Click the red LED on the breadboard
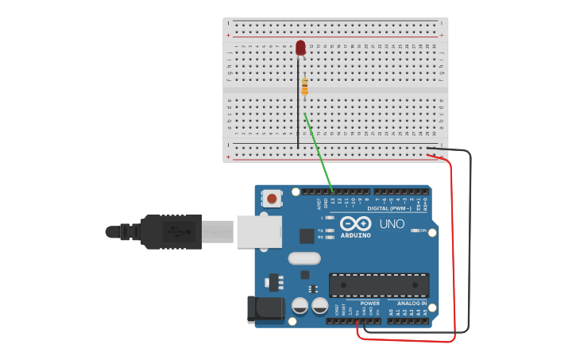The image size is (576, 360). pos(300,48)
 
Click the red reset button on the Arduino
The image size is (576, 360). pos(272,199)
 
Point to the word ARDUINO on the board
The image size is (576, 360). pos(355,235)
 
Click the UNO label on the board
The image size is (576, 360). pos(392,224)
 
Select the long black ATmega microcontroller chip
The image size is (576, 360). pos(379,285)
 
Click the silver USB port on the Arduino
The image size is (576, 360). pos(259,231)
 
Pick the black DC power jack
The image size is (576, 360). pos(265,309)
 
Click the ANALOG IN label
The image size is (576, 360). pos(412,303)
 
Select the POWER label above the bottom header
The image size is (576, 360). pos(369,303)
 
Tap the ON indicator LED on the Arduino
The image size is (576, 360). pos(415,231)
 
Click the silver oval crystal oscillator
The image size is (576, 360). pos(303,258)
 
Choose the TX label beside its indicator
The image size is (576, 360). pos(321,230)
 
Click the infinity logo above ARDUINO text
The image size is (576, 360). pos(355,223)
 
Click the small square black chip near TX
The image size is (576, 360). pos(307,235)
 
